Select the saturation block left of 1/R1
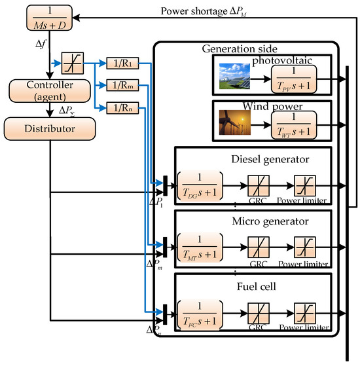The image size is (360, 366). coord(69,64)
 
